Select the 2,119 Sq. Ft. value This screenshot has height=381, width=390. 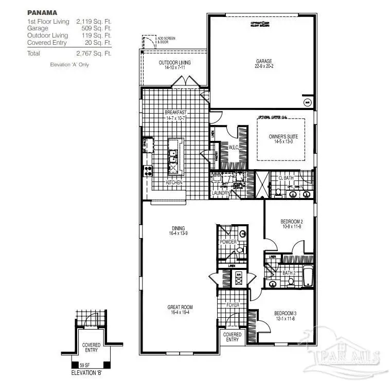[x=93, y=22]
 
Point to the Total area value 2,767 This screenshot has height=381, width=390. [x=93, y=53]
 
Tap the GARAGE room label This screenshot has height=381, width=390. [x=264, y=62]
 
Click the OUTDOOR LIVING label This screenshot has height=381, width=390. [x=174, y=62]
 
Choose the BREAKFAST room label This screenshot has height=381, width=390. [x=175, y=112]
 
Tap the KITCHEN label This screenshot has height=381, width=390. [x=174, y=183]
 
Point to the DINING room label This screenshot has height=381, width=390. [x=179, y=228]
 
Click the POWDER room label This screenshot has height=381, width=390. [x=228, y=241]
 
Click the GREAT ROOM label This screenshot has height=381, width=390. [x=180, y=307]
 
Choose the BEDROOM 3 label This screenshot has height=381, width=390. [x=285, y=313]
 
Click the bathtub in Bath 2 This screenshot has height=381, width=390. [x=307, y=276]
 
